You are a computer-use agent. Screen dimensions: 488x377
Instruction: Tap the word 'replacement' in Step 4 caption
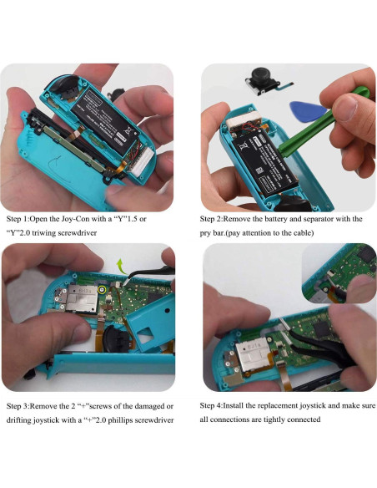291,405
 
